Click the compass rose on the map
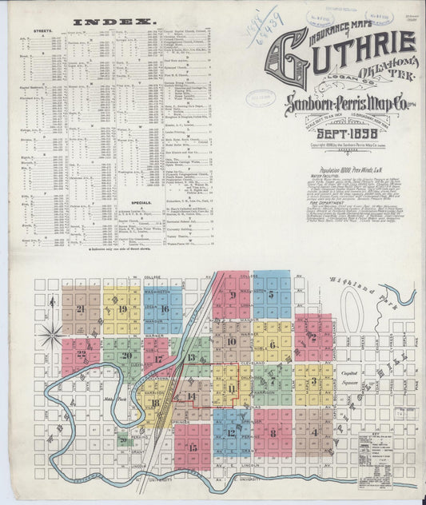pos(54,334)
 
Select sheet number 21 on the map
pos(80,309)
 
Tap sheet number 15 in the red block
pos(192,447)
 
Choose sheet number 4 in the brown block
pos(315,433)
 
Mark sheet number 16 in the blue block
pos(163,309)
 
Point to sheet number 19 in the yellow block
pos(121,309)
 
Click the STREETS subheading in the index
pos(42,32)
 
